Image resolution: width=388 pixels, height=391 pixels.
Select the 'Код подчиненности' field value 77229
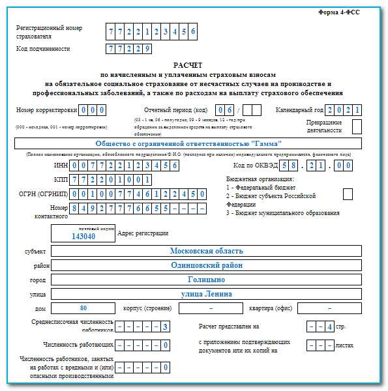[129, 49]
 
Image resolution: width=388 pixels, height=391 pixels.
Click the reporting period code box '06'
[225, 110]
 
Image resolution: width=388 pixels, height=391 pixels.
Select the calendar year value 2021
[344, 110]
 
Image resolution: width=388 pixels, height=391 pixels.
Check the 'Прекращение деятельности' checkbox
[357, 126]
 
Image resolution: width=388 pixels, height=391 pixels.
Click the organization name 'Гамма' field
[188, 143]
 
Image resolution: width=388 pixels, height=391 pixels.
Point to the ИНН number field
[125, 166]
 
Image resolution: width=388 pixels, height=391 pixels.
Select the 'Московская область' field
[206, 251]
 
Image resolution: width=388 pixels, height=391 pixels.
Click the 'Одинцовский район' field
[206, 265]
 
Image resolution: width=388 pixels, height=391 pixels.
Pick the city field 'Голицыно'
[206, 280]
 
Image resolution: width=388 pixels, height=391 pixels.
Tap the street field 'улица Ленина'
[206, 294]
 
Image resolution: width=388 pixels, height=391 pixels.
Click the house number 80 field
[83, 308]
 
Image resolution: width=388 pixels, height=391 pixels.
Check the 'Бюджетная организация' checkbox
[348, 194]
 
